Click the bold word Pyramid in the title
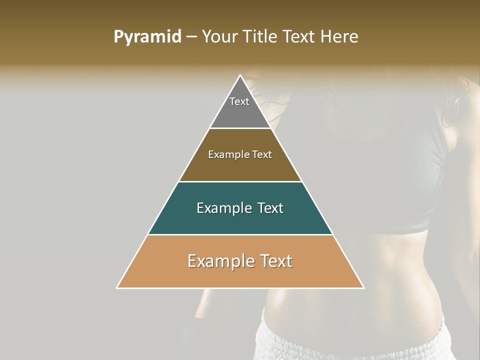click(x=147, y=37)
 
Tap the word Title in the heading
click(x=261, y=37)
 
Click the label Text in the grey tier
click(x=239, y=101)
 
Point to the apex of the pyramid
click(x=240, y=76)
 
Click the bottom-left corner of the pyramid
click(x=117, y=287)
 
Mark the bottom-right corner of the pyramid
click(x=363, y=287)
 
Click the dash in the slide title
click(x=191, y=37)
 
